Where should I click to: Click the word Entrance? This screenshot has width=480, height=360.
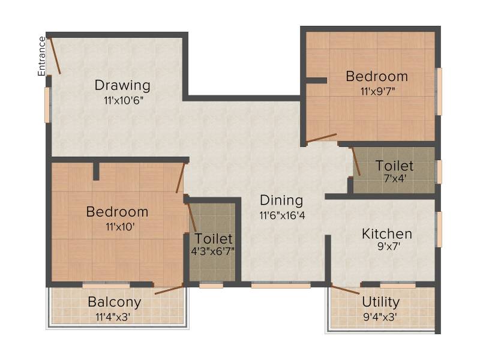click(x=41, y=56)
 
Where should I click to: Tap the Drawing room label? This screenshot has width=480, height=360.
click(x=122, y=85)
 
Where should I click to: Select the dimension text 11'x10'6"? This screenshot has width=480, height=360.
click(x=124, y=100)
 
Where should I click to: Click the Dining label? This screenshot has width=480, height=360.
click(x=281, y=201)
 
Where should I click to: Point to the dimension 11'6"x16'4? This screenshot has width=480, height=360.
click(x=282, y=215)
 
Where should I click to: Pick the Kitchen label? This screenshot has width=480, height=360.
click(x=387, y=234)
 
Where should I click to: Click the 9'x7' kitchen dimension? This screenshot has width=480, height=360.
click(x=389, y=246)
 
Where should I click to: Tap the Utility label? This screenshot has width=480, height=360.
click(x=380, y=302)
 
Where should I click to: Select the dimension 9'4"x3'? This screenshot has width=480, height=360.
click(x=380, y=317)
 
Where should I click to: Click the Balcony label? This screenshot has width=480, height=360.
click(x=115, y=302)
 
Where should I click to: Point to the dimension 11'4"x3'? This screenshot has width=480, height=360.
click(x=113, y=317)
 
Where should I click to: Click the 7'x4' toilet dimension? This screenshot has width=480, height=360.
click(x=395, y=178)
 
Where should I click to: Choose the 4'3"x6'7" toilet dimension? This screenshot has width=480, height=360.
click(x=213, y=251)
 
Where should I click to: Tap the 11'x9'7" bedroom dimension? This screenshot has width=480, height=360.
click(x=378, y=91)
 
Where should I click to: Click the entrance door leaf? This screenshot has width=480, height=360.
click(x=55, y=55)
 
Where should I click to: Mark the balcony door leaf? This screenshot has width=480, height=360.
click(x=169, y=290)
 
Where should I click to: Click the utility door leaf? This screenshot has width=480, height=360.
click(x=346, y=290)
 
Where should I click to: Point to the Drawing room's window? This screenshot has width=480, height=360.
click(x=48, y=105)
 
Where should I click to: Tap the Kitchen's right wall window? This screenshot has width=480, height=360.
click(x=439, y=229)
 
